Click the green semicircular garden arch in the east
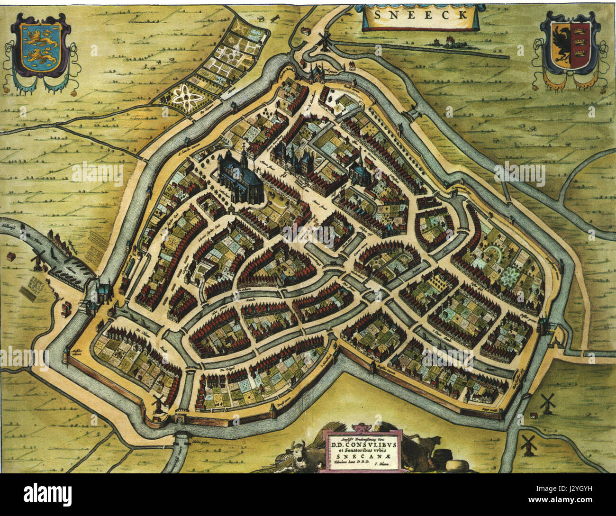click(x=494, y=253)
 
